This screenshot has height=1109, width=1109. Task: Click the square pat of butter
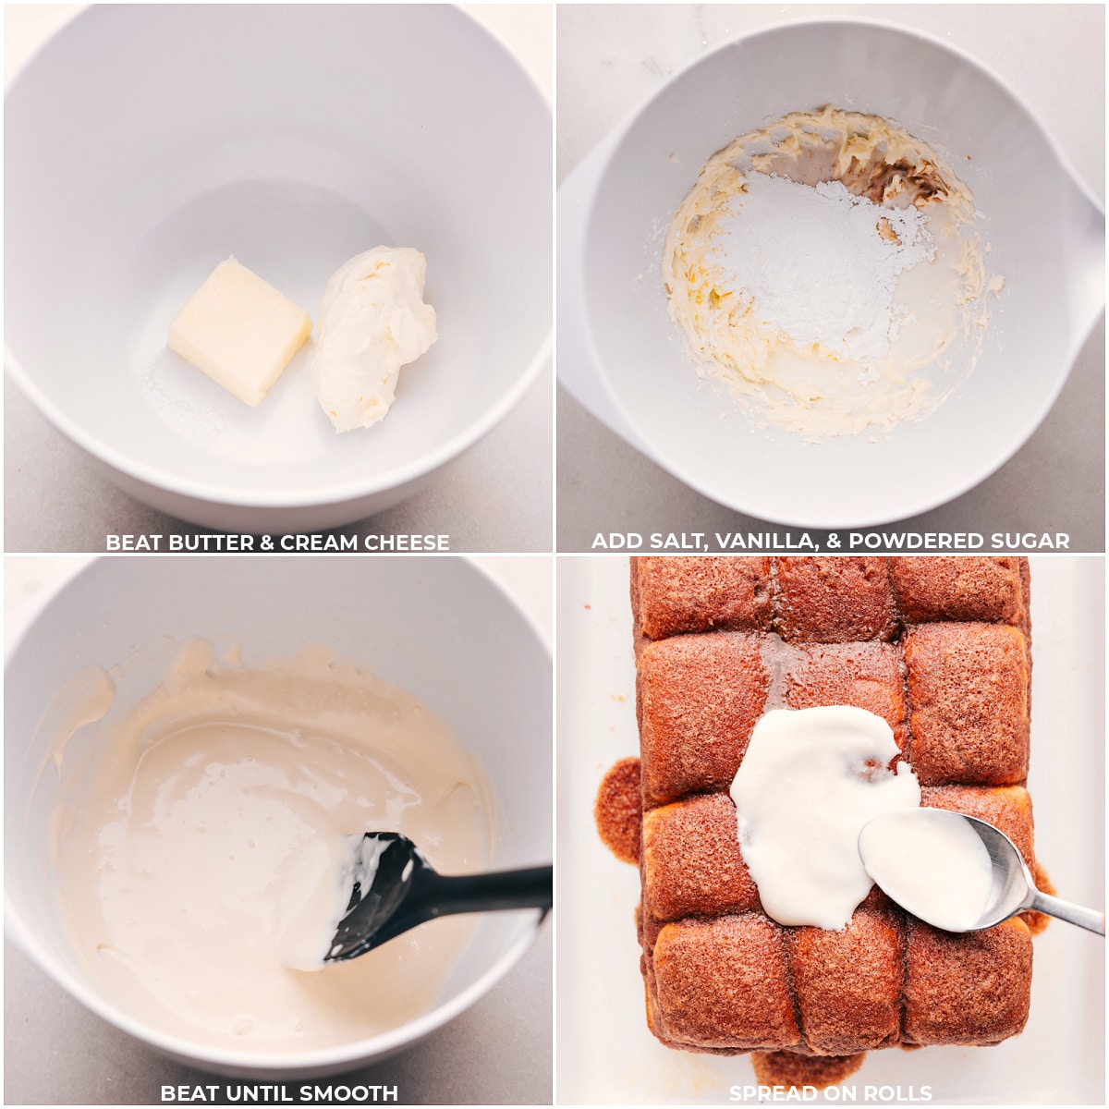pos(238,332)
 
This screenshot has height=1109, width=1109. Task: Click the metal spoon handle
pos(1065,910)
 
